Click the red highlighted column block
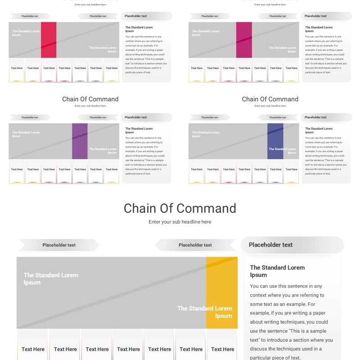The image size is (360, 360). point(49,40)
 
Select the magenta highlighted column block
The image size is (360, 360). point(244,40)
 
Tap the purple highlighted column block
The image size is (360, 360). point(80,141)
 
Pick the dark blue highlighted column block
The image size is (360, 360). point(275,141)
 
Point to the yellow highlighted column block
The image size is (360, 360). point(222,292)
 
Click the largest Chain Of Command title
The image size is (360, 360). point(180,208)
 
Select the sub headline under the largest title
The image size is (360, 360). point(180,222)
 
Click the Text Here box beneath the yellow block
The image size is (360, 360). point(223,349)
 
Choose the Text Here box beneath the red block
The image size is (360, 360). point(49,68)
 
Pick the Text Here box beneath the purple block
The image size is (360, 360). point(80,170)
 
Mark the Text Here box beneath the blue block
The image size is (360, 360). point(276,170)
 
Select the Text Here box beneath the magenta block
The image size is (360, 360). point(244,68)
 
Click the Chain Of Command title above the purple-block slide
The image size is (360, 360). point(90,99)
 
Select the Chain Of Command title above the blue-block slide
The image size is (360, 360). point(270,99)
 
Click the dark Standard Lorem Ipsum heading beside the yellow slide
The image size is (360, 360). point(277,271)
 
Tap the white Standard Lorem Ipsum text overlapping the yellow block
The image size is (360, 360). point(205,312)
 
